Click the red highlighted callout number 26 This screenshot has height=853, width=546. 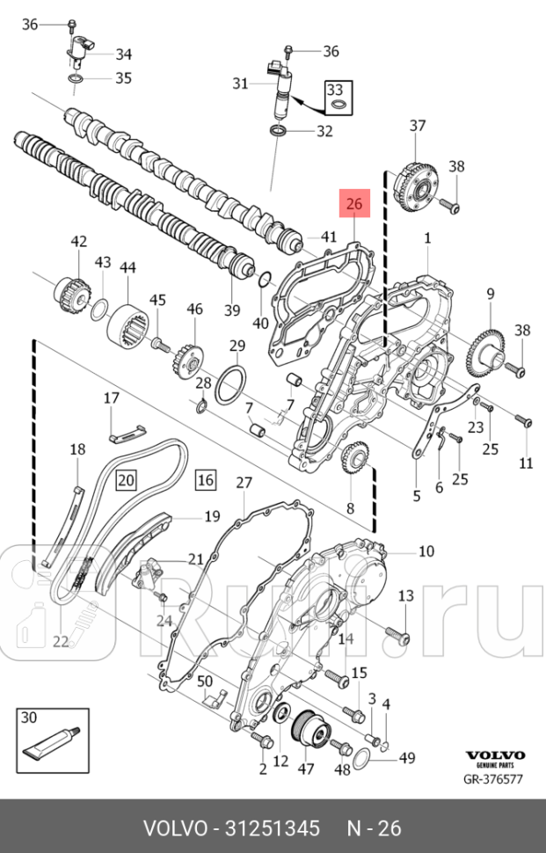pyautogui.click(x=354, y=205)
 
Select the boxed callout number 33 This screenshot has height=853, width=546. pyautogui.click(x=335, y=90)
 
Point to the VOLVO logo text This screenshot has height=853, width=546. pyautogui.click(x=494, y=755)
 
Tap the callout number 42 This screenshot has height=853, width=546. pyautogui.click(x=79, y=242)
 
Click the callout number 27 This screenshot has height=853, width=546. pyautogui.click(x=244, y=482)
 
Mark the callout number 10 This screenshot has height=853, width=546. pyautogui.click(x=426, y=551)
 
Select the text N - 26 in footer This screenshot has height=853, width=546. pyautogui.click(x=374, y=827)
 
